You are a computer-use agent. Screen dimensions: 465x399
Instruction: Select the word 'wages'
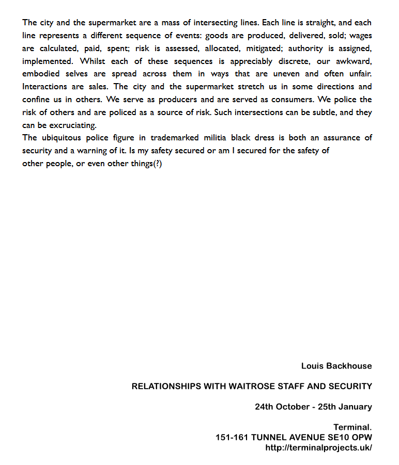pyautogui.click(x=361, y=36)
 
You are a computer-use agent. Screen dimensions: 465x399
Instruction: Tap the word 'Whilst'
pyautogui.click(x=93, y=61)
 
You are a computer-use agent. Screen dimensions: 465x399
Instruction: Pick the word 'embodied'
pyautogui.click(x=39, y=74)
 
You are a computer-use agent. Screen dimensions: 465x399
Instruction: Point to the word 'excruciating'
pyautogui.click(x=68, y=125)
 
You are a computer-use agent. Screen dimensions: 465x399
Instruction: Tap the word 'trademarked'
pyautogui.click(x=175, y=138)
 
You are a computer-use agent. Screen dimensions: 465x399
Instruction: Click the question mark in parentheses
pyautogui.click(x=157, y=164)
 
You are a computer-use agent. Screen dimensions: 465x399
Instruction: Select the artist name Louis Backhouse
pyautogui.click(x=336, y=366)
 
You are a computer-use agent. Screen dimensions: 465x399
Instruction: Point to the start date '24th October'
pyautogui.click(x=282, y=407)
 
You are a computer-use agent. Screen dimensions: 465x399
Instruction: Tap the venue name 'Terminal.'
pyautogui.click(x=352, y=427)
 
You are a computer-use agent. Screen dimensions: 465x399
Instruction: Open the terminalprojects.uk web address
pyautogui.click(x=318, y=447)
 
